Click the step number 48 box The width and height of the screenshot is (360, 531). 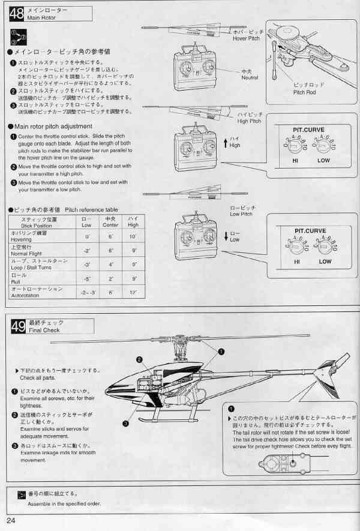(17, 14)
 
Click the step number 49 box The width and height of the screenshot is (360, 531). (19, 326)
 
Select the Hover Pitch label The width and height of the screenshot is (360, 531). (247, 38)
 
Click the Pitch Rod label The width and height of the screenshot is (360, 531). (304, 92)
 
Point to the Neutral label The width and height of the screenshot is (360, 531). (250, 78)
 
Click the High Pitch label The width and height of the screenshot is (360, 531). (249, 121)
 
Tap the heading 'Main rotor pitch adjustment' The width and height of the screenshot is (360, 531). (53, 127)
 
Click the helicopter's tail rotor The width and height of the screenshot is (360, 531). (337, 364)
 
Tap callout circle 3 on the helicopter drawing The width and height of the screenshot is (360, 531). (125, 424)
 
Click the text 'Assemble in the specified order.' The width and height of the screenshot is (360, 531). (64, 503)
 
